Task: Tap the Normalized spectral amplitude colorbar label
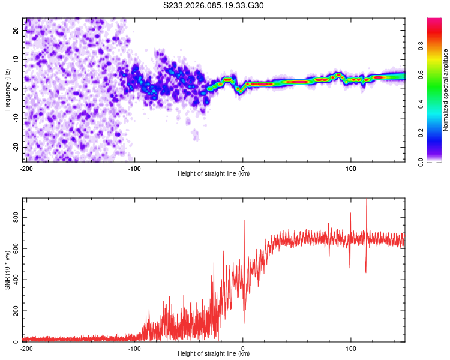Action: pos(446,90)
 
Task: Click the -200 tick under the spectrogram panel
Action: pos(26,168)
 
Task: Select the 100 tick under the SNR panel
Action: pos(351,348)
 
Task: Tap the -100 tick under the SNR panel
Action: pos(134,348)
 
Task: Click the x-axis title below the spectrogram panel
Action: pos(214,174)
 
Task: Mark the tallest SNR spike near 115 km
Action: pos(366,200)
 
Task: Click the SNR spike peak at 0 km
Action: pos(244,221)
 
